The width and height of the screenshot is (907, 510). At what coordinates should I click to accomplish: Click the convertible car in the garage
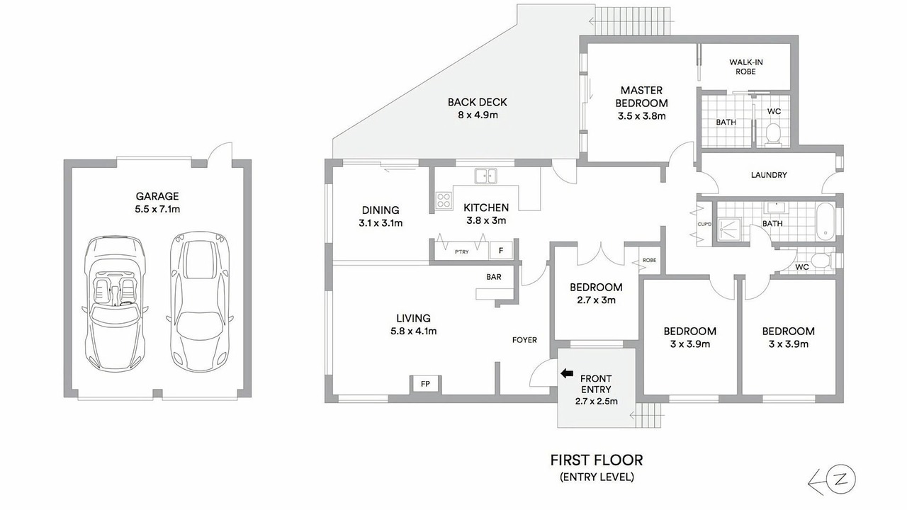[x=115, y=304]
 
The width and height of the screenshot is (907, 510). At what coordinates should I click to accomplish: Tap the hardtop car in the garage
[x=199, y=302]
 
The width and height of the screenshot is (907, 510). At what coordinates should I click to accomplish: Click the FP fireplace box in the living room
[x=425, y=384]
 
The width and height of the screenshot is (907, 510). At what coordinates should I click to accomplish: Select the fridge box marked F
[x=501, y=251]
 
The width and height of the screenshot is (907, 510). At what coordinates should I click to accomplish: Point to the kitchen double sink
[x=485, y=176]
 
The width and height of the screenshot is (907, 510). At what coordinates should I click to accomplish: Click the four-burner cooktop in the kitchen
[x=444, y=200]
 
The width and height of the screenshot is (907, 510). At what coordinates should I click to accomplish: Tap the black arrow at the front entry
[x=567, y=373]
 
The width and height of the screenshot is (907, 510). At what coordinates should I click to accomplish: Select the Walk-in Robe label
[x=746, y=67]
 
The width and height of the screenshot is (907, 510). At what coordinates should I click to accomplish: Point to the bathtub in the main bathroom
[x=824, y=222]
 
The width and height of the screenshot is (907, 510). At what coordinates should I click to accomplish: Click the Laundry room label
[x=769, y=175]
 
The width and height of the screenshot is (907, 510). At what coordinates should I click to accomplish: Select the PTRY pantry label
[x=461, y=251]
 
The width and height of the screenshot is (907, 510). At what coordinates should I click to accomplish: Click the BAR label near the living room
[x=494, y=277]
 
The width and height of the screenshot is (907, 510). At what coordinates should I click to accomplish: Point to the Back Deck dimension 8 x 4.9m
[x=478, y=115]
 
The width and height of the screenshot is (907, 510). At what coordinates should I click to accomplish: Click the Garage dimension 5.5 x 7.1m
[x=157, y=209]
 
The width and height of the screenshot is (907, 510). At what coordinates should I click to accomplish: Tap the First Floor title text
[x=597, y=460]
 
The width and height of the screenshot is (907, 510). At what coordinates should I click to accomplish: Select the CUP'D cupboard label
[x=704, y=225]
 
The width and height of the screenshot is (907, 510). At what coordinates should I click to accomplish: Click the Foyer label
[x=524, y=340]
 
